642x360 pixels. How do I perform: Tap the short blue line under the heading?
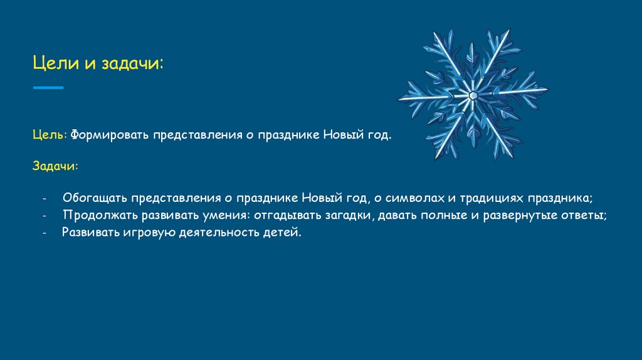[x=48, y=88]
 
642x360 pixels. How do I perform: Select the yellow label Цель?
[x=50, y=135]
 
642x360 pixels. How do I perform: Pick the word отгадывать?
[x=284, y=215]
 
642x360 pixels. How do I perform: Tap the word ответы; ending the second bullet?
[x=586, y=215]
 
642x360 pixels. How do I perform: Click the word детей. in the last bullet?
[x=285, y=233]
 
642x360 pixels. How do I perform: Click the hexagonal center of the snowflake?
[x=473, y=95]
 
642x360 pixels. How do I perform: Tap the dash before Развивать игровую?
[x=45, y=233]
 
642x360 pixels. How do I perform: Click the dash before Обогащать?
[x=45, y=199]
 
